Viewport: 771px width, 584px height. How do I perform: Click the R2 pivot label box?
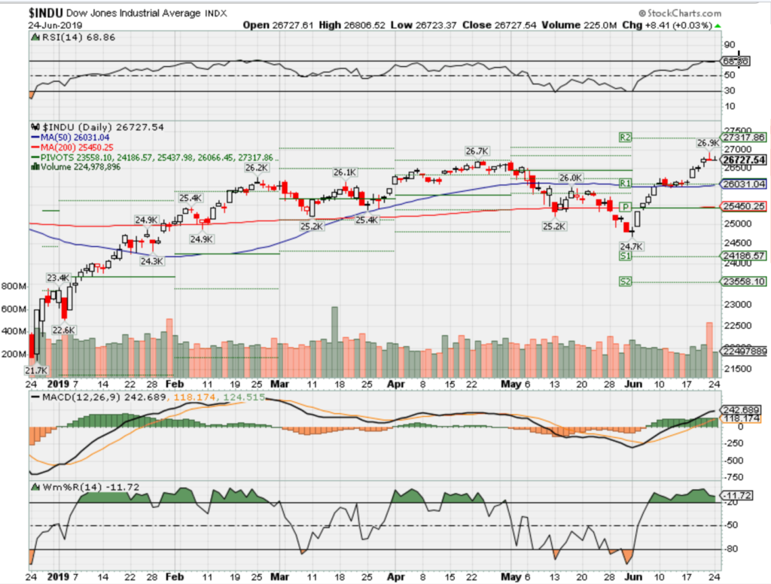[x=625, y=138]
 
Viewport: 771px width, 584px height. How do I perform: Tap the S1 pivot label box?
[x=625, y=257]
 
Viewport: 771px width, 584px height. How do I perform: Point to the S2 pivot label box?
[x=625, y=281]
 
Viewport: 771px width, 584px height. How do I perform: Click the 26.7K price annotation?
[x=477, y=151]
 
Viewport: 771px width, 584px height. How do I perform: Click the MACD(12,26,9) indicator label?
[x=72, y=396]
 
